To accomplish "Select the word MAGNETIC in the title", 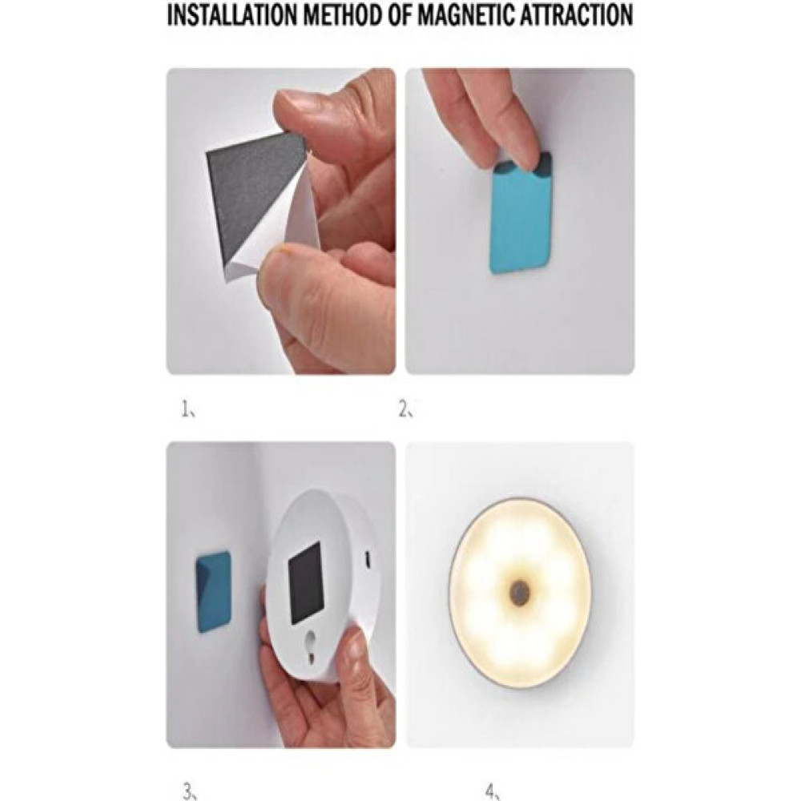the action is [x=469, y=15].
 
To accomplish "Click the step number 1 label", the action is [x=187, y=409].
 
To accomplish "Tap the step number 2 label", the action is [x=405, y=409].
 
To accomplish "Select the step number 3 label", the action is [x=190, y=791].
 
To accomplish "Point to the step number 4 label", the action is [x=492, y=791].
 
